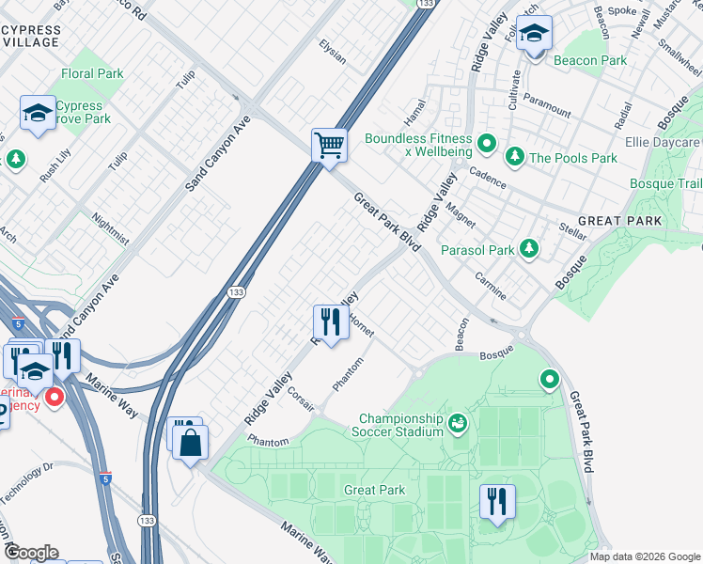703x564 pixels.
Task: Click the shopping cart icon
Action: [330, 146]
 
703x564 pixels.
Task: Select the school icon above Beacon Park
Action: [534, 35]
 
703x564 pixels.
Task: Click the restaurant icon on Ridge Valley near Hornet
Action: [330, 322]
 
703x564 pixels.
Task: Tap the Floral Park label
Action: [92, 73]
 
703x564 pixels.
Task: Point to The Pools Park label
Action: [573, 157]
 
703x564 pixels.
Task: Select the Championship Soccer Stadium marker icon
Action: [458, 424]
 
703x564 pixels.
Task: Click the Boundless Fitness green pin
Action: [487, 144]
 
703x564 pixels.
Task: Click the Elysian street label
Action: [333, 53]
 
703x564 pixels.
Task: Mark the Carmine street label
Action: [491, 290]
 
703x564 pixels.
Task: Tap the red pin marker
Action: [54, 398]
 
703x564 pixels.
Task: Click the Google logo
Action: [30, 553]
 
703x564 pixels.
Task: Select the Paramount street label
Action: [547, 105]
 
